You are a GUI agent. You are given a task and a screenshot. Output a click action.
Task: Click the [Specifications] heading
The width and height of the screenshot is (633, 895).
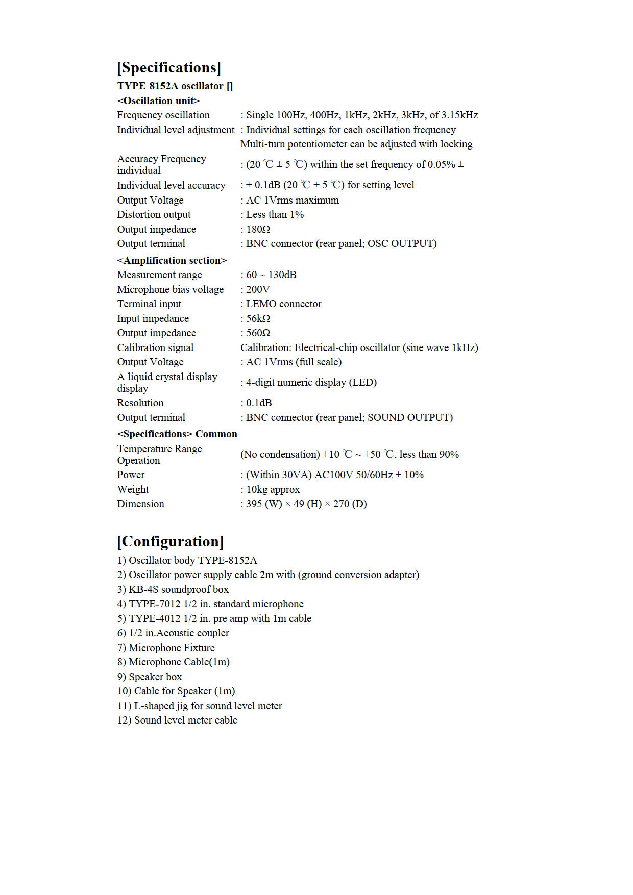169,68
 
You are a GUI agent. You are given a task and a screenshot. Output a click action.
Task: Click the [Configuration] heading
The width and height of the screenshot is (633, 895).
171,541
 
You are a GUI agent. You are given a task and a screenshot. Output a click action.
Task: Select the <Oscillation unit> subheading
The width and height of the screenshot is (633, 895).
158,101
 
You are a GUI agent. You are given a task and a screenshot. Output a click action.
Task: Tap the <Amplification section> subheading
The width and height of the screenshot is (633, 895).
172,260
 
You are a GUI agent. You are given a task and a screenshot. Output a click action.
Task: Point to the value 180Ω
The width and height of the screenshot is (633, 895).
258,229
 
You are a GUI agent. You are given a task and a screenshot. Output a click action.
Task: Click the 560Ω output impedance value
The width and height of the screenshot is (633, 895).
258,333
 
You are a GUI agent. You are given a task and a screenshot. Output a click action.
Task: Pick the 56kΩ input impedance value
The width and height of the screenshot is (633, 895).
258,318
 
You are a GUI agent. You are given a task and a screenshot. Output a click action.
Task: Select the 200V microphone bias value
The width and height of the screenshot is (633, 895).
258,289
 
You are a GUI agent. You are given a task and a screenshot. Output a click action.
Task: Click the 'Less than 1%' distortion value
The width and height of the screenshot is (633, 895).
275,214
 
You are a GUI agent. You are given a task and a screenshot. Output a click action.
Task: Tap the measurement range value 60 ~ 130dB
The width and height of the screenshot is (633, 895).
271,275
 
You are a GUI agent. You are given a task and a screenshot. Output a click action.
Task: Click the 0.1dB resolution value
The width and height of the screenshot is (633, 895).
259,403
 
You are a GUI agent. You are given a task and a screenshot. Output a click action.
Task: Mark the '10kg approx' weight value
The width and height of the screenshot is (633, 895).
273,489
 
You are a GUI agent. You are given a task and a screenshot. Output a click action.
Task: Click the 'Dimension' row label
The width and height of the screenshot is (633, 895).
141,504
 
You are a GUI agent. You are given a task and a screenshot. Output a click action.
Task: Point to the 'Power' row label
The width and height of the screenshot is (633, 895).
131,475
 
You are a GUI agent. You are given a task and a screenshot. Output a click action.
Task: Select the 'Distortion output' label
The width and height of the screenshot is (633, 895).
154,214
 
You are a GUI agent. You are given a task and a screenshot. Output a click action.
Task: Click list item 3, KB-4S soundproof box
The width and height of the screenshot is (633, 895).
173,589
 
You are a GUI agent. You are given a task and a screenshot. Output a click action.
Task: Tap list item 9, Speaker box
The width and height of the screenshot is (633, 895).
150,677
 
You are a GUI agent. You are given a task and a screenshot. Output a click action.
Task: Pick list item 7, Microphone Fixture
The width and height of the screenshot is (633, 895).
166,648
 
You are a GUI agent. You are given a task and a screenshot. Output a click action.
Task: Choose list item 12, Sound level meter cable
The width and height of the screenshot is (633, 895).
177,720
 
